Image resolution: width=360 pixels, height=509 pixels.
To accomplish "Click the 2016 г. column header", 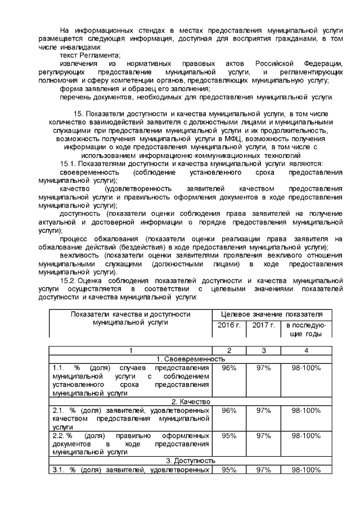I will pos(229,326).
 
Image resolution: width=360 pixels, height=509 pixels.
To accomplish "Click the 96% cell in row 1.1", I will pos(229,368).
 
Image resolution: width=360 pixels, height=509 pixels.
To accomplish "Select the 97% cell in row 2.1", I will pos(263,411).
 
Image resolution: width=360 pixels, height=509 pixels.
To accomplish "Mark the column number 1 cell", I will pos(131,350).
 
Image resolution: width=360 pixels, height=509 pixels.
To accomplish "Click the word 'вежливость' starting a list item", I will pos(78,255).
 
